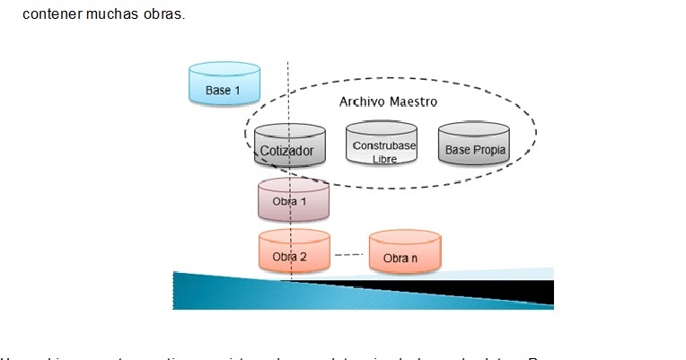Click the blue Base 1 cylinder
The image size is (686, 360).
tap(224, 85)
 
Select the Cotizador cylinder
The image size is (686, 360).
tap(289, 147)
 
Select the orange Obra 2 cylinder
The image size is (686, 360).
tap(294, 254)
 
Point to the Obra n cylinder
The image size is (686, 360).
tap(404, 255)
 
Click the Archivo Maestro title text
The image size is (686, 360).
tap(387, 101)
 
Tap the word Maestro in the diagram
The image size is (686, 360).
tap(412, 101)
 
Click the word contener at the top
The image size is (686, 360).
tap(50, 13)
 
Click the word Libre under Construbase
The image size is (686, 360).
tap(383, 159)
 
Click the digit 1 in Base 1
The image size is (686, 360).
tap(237, 91)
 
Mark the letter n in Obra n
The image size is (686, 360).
tap(415, 259)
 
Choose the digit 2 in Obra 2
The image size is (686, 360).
tap(303, 257)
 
